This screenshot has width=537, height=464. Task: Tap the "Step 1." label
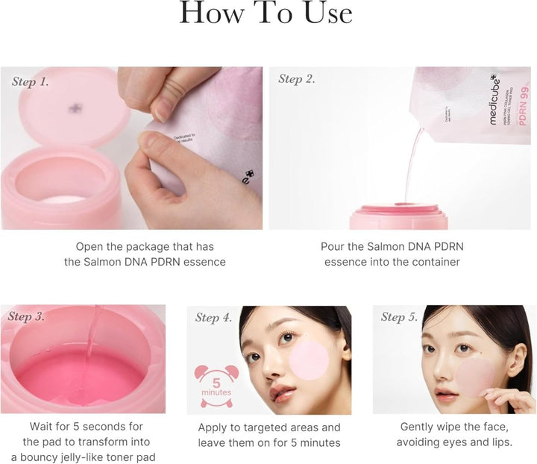click(x=31, y=81)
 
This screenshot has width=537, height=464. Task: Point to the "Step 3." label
click(x=27, y=317)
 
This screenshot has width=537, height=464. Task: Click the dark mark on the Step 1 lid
click(x=75, y=109)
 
